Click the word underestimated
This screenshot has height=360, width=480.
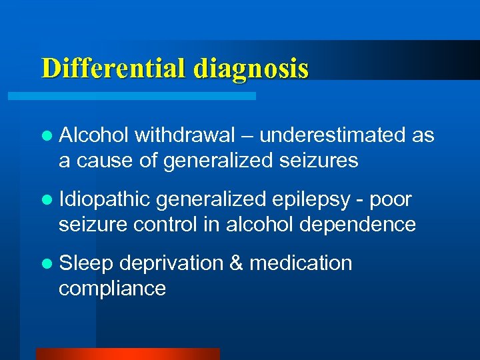[333, 135]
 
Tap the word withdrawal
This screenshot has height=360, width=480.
[185, 135]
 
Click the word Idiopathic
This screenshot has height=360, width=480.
[105, 199]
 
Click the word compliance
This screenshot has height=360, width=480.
[112, 289]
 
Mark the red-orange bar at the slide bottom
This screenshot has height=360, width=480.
[127, 354]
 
